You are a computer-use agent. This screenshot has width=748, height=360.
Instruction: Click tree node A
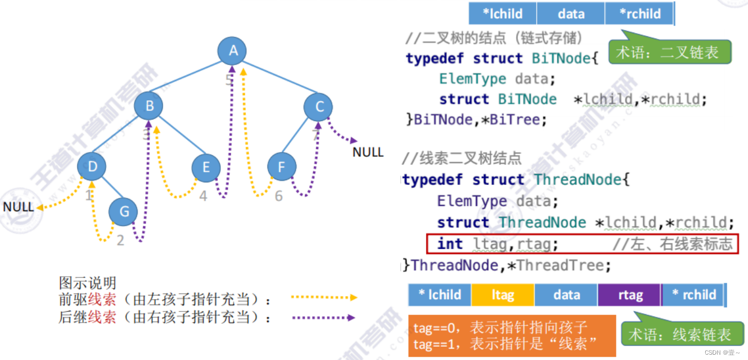coord(232,51)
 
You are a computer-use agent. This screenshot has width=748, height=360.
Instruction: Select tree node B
coord(149,106)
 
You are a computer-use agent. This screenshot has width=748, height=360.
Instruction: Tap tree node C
coord(319,107)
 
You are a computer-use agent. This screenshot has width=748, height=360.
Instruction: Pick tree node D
coord(92,167)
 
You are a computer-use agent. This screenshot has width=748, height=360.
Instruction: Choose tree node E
coord(206,167)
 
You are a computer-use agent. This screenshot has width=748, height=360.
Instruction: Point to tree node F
coord(281,167)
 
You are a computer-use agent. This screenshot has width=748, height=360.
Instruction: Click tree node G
coord(124,212)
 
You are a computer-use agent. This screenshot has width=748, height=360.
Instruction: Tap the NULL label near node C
coord(368,153)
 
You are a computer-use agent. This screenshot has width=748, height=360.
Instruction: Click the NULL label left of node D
coord(18,207)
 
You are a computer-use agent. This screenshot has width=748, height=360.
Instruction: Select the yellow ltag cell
coord(503,295)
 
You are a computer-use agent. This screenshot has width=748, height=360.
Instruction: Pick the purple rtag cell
coord(630,295)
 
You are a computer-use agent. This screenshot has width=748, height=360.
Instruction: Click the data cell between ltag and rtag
coord(566,295)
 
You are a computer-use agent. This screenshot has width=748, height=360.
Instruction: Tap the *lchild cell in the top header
coord(503,14)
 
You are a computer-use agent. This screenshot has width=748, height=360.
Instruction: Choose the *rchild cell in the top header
coord(639,14)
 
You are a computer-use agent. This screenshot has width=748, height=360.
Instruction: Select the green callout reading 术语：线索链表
coord(682,334)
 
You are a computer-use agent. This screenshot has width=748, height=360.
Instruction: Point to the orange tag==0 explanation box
coord(512,335)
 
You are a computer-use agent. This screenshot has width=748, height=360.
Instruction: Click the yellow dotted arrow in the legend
coord(323,297)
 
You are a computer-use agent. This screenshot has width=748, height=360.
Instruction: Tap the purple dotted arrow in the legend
coord(323,317)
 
